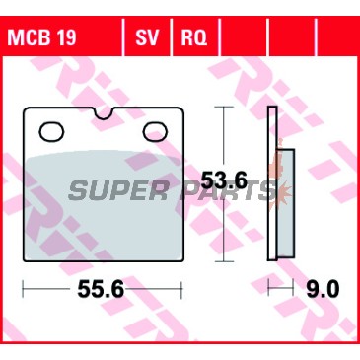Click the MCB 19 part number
click(41, 37)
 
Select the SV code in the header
click(147, 37)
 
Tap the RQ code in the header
click(194, 37)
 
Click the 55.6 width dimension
click(101, 290)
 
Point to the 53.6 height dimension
click(224, 180)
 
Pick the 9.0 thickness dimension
click(323, 290)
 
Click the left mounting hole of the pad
click(51, 132)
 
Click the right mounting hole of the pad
click(155, 132)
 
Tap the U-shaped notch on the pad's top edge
click(104, 113)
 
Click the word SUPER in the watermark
click(117, 191)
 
